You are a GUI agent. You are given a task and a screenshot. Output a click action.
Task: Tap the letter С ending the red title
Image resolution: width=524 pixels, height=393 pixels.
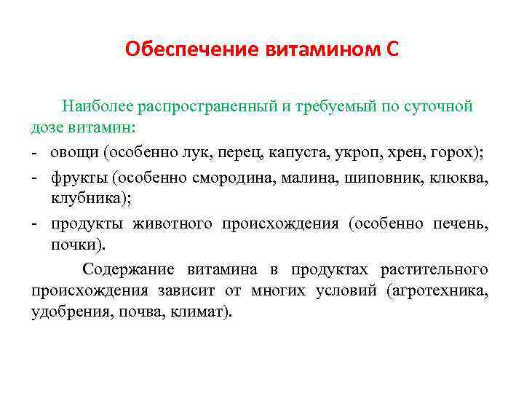coord(392,49)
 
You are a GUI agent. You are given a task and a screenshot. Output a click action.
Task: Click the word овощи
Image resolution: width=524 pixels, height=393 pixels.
coord(74,153)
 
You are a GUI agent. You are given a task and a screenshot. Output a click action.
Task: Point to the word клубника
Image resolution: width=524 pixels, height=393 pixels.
coord(81,199)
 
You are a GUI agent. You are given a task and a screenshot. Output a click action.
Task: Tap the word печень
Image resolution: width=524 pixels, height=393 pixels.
coord(458,223)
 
